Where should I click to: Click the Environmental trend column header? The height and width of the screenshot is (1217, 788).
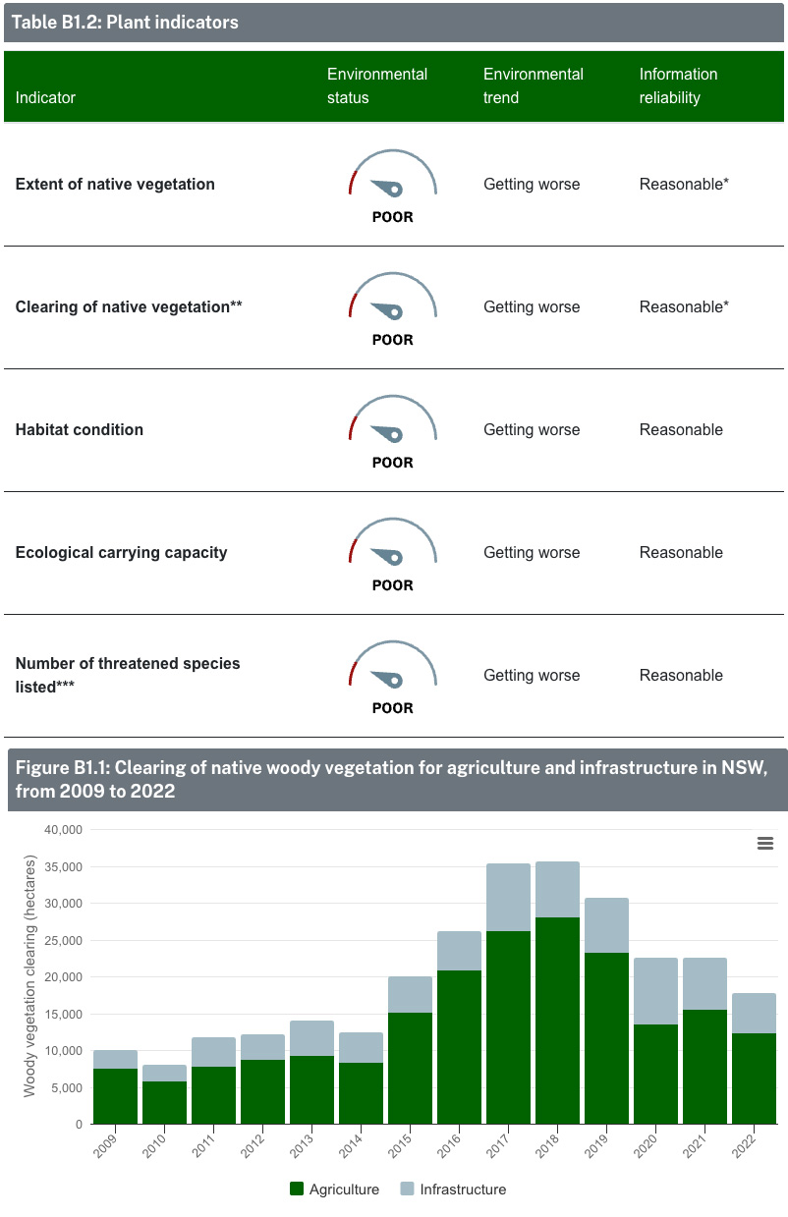coord(533,86)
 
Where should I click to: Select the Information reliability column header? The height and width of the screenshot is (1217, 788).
coord(678,86)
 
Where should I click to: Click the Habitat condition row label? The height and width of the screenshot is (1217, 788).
coord(80,430)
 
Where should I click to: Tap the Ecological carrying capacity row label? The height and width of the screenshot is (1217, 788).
coord(121,553)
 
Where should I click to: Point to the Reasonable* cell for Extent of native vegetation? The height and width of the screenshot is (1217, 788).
coord(684,185)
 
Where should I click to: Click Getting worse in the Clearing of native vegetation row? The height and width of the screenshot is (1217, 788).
coord(532,307)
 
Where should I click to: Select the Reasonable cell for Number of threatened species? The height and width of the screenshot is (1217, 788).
coord(681,676)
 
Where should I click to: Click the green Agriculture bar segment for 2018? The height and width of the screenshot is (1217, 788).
coord(557,1022)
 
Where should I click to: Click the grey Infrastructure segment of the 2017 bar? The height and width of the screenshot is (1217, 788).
coord(508,898)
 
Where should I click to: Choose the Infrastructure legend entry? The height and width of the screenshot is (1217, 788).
coord(453,1189)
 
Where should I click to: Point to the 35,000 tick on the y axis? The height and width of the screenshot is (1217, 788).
coord(63,866)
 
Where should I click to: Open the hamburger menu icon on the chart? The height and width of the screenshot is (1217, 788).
coord(765,843)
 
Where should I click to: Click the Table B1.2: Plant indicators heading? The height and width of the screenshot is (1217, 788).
coord(125,22)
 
